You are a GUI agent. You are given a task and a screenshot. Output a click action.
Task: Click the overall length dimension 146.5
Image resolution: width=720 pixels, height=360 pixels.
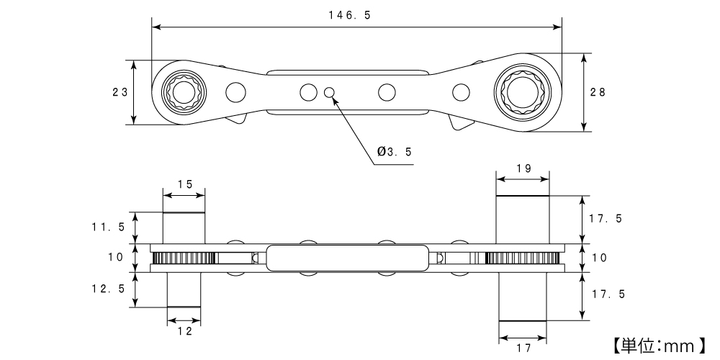point(356,15)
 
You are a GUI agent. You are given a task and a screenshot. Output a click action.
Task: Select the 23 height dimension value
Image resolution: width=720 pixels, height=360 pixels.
point(120,92)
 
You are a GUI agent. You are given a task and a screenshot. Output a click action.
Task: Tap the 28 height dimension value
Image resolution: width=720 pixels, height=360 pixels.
point(598,92)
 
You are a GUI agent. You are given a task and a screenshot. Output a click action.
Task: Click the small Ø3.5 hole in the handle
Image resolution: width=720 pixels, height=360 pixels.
point(330,92)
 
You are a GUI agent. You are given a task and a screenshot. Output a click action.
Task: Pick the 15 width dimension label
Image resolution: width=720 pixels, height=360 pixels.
point(184,184)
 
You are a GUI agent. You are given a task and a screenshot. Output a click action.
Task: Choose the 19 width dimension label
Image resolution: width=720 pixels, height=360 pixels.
point(523,168)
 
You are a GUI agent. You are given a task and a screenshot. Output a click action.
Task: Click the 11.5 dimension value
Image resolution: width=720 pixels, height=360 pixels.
point(109,227)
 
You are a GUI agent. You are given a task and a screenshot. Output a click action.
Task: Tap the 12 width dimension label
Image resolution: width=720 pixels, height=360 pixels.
point(184,331)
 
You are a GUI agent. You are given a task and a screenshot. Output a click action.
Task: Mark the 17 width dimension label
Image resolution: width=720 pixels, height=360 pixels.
point(523,348)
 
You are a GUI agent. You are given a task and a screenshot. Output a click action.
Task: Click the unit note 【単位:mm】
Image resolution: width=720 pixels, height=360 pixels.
point(658,346)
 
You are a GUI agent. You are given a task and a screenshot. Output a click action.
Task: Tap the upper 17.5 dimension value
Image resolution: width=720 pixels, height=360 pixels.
point(606,219)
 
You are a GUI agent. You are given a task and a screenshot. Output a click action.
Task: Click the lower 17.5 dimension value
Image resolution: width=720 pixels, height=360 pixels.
point(606,294)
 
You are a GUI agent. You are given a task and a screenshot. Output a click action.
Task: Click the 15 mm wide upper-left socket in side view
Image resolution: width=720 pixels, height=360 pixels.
point(184,228)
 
